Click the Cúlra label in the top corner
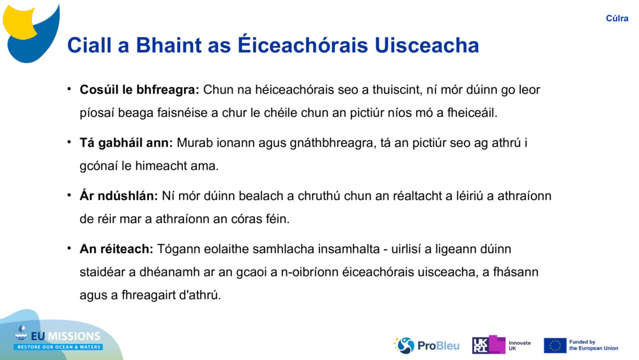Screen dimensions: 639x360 (617, 19)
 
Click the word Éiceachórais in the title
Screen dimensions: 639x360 (303, 44)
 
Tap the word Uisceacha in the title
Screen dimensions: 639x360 (427, 45)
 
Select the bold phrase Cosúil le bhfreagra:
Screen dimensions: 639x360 (139, 90)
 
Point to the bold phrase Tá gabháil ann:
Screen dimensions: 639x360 (127, 143)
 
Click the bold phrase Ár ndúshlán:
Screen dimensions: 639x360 (119, 196)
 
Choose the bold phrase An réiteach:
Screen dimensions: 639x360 (116, 249)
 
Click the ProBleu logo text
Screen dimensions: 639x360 (438, 346)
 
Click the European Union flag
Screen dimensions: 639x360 (555, 345)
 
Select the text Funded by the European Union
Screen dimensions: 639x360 (594, 345)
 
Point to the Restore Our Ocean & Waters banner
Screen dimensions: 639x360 (58, 347)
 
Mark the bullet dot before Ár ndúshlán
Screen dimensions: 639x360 (70, 195)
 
